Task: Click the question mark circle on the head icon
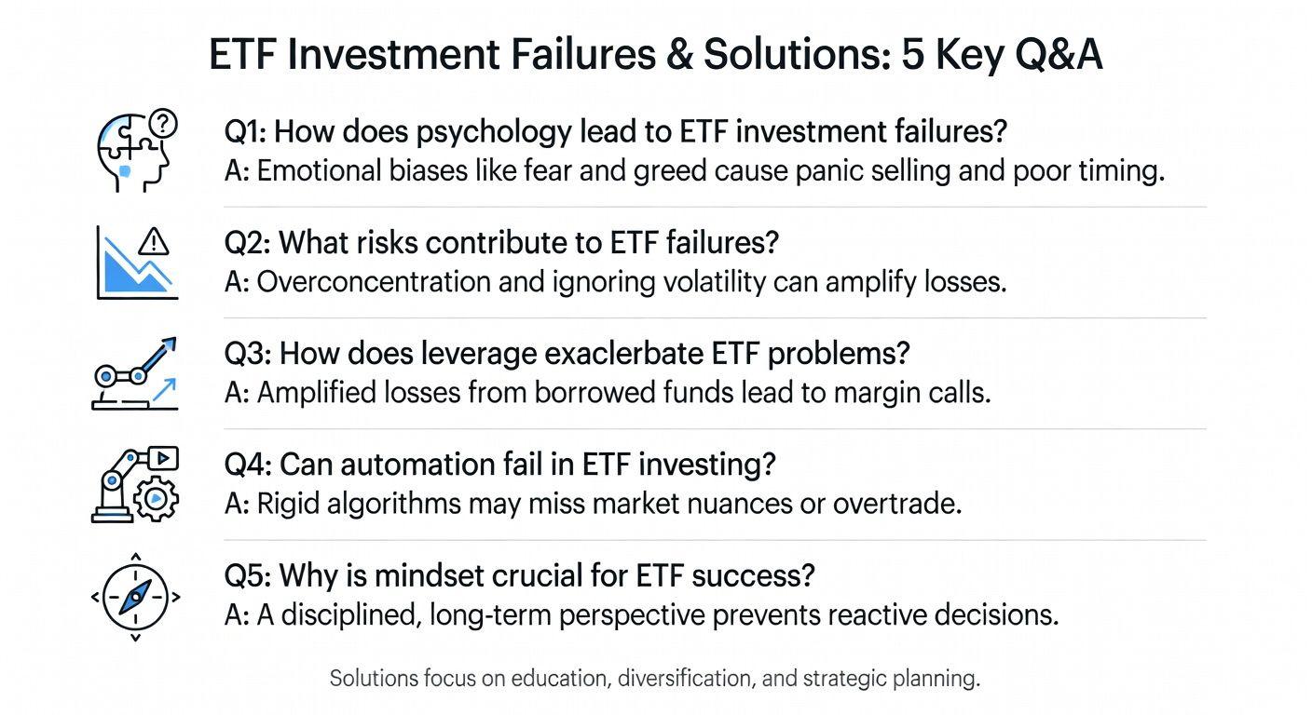click(163, 124)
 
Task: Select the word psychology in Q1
click(494, 132)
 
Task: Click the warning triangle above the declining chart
click(154, 241)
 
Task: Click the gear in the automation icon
click(156, 499)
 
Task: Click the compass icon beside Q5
click(135, 597)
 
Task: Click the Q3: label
click(247, 355)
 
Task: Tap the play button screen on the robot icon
click(163, 458)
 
